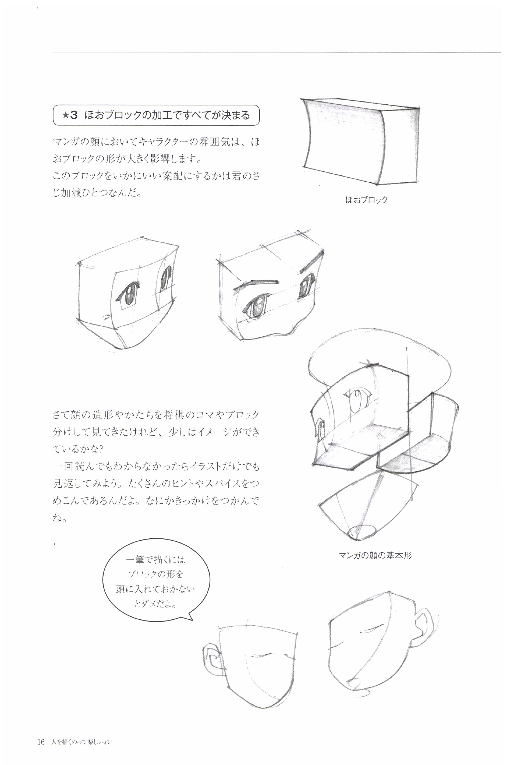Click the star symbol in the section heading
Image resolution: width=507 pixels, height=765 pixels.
(66, 115)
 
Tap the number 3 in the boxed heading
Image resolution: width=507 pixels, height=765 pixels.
(74, 115)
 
